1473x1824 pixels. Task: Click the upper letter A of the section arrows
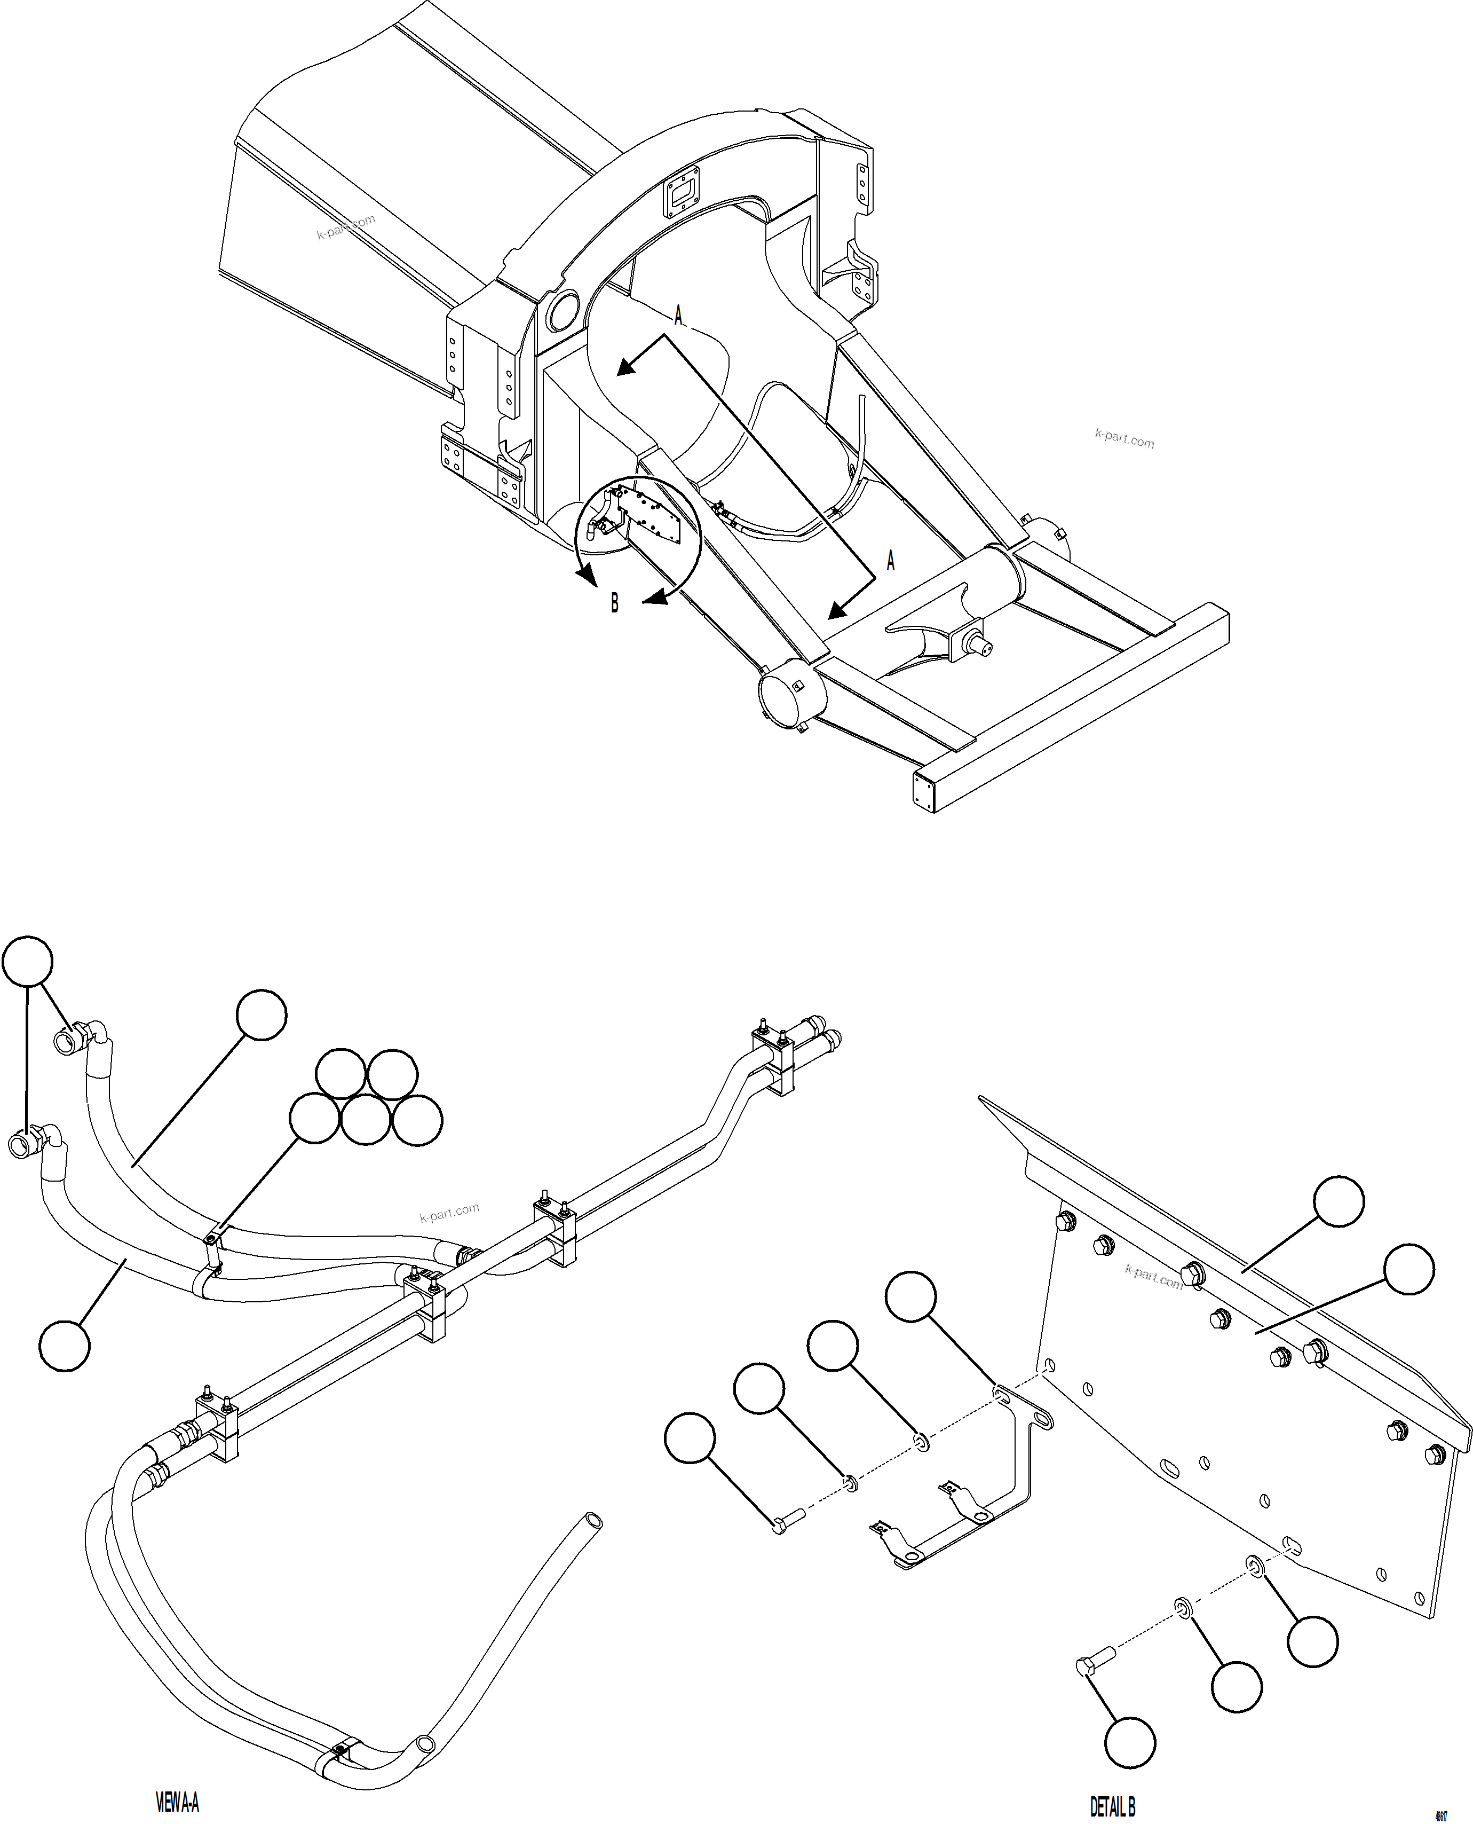[x=678, y=317]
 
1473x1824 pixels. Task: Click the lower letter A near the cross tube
[x=890, y=560]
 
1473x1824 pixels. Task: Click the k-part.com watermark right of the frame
[x=1124, y=439]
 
